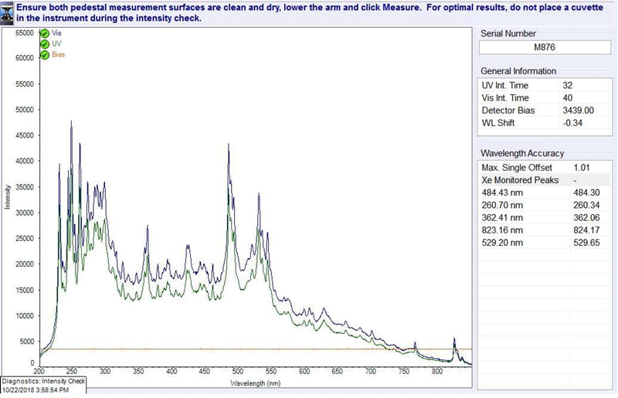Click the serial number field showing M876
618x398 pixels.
[545, 47]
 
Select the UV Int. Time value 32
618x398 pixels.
[567, 85]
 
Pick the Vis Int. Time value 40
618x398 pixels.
[568, 98]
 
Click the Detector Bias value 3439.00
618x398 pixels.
[578, 111]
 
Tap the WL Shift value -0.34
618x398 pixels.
[572, 123]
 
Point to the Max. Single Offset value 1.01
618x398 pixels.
[582, 168]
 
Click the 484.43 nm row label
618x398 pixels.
[502, 192]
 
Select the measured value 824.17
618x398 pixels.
[586, 230]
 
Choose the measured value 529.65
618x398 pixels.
[586, 243]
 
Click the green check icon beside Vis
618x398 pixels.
[45, 33]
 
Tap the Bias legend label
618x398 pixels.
[58, 54]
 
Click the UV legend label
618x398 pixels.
[56, 44]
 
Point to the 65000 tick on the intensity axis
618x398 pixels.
[25, 32]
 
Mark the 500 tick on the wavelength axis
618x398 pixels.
[238, 371]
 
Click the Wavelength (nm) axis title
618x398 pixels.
[256, 383]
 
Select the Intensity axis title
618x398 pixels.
[7, 197]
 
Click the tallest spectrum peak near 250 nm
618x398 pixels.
[71, 121]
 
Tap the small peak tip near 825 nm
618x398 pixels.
[454, 338]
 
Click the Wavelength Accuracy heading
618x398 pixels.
[522, 153]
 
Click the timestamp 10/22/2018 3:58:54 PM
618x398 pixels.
[36, 390]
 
